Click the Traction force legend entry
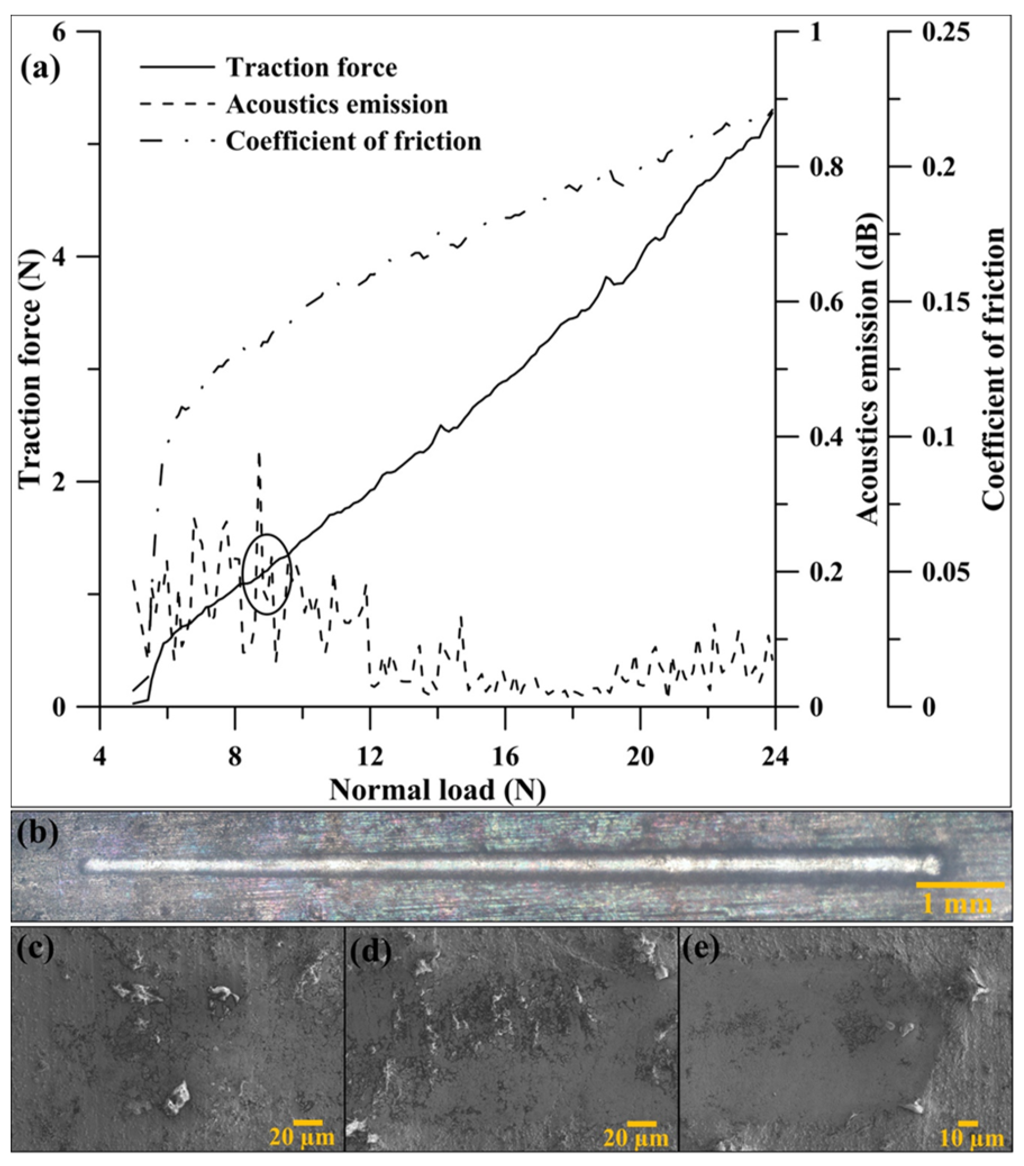click(x=312, y=68)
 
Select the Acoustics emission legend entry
click(x=336, y=104)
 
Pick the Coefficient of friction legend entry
click(x=353, y=141)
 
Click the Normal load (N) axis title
click(x=437, y=791)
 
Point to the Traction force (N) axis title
click(x=31, y=370)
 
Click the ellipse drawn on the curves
click(x=267, y=574)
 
